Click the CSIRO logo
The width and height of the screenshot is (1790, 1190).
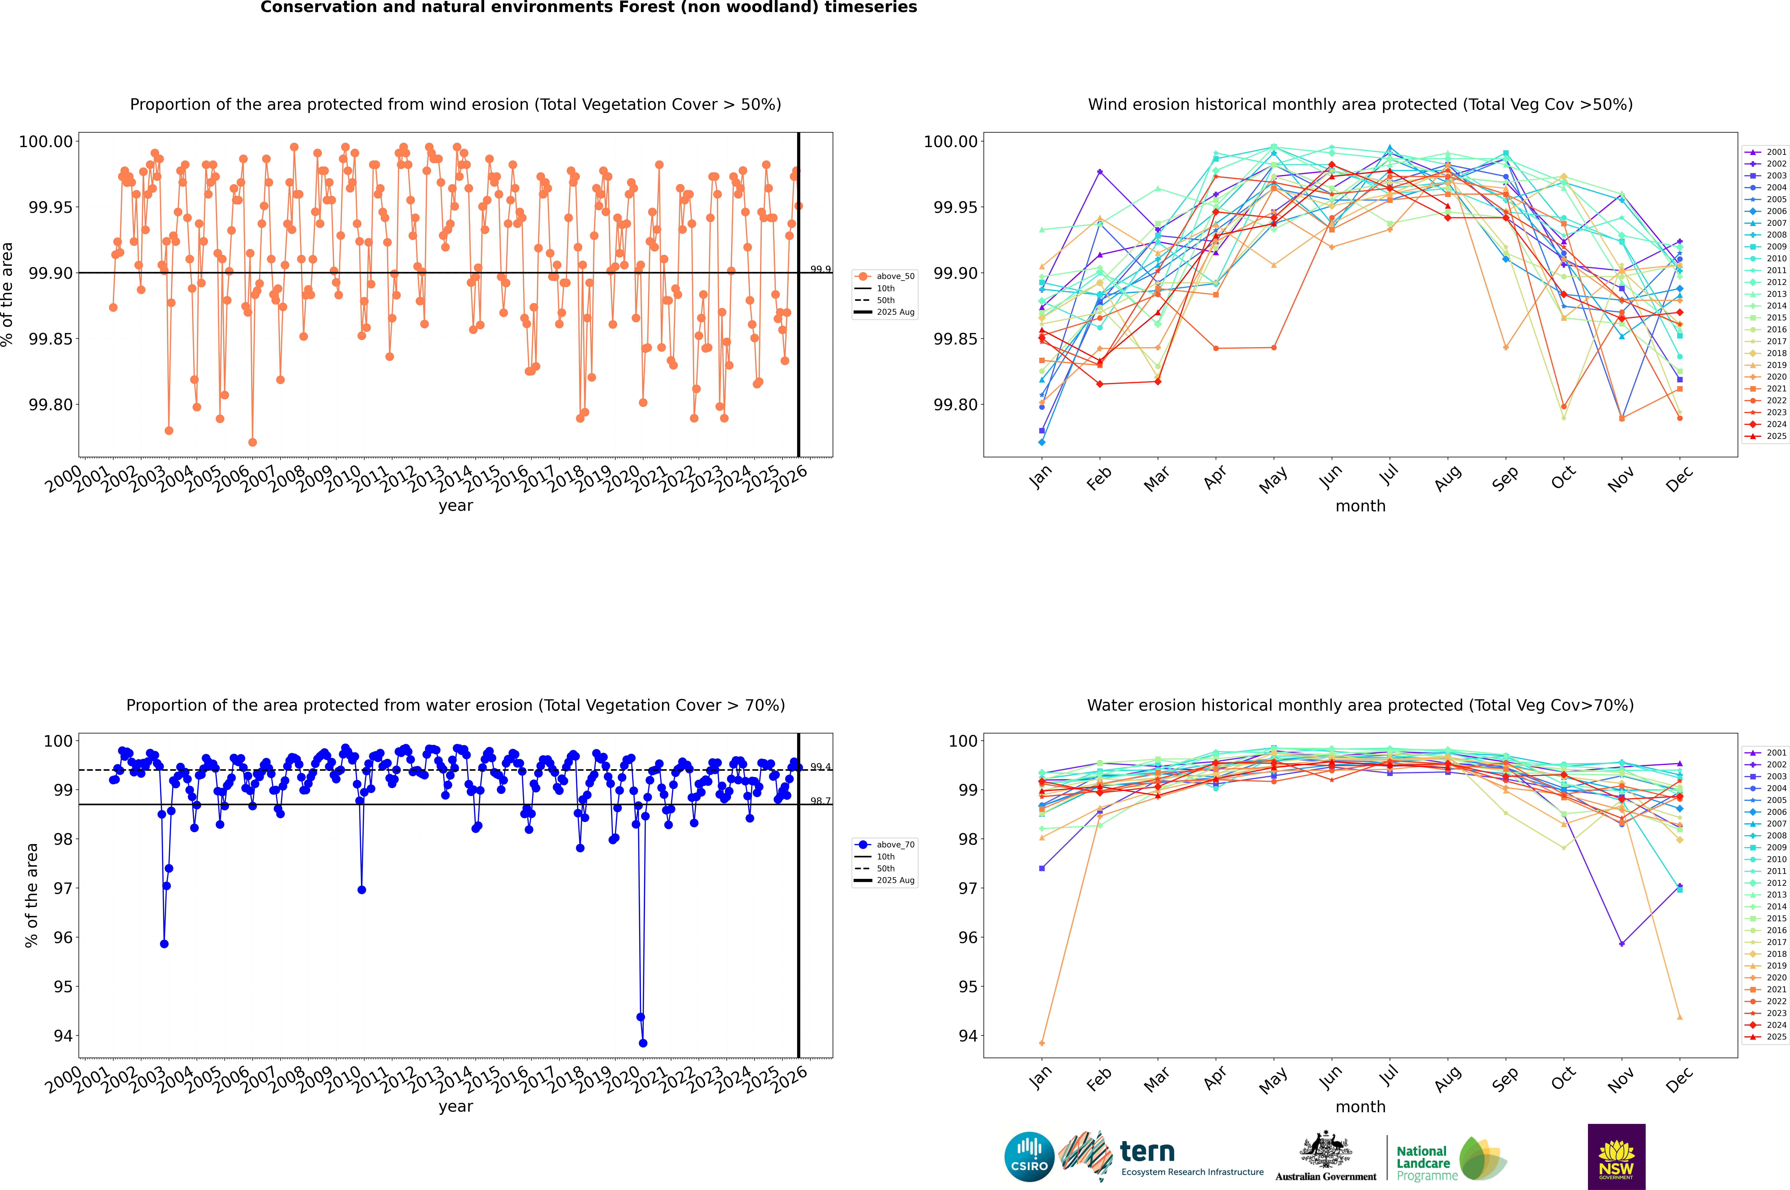point(1029,1157)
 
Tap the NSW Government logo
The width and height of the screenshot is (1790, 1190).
point(1616,1157)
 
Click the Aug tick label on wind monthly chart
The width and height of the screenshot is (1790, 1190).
point(1447,478)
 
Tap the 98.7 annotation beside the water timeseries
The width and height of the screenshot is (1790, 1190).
point(820,801)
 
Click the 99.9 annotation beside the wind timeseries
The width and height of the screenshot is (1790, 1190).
point(820,269)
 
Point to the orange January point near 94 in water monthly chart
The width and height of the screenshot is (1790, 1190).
point(1042,1043)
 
